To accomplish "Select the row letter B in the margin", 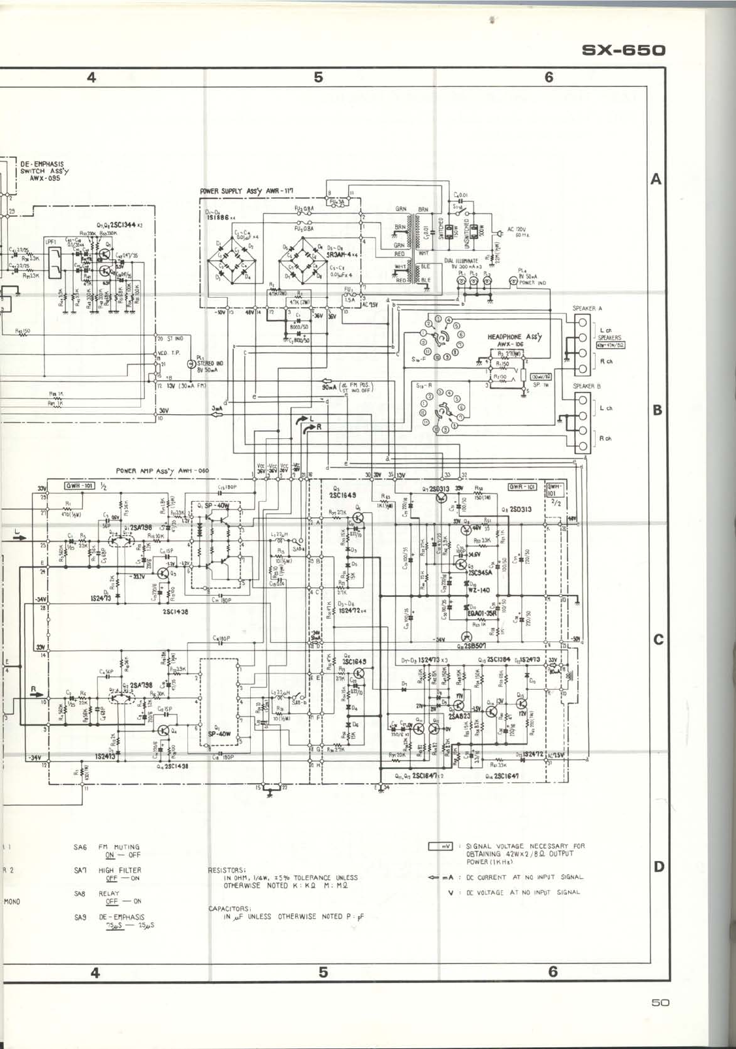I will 658,410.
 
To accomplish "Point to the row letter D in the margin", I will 659,866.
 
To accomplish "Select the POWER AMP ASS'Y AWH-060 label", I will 163,470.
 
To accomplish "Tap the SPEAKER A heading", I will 587,308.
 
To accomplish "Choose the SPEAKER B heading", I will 586,386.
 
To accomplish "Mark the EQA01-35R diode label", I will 483,613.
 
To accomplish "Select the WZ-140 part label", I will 479,590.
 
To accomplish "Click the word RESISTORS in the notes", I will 226,870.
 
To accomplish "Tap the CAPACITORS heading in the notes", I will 229,909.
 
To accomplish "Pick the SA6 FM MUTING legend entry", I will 108,850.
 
